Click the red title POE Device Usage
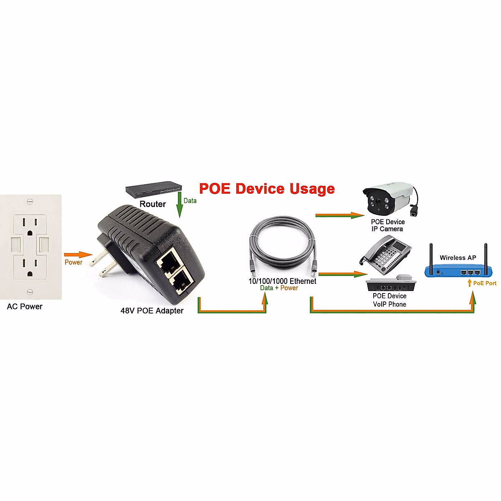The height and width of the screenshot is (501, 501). pyautogui.click(x=267, y=189)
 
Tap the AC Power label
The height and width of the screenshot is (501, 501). pyautogui.click(x=25, y=306)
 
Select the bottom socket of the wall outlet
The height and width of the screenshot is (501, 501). pyautogui.click(x=29, y=267)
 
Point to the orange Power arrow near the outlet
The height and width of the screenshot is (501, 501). pyautogui.click(x=78, y=255)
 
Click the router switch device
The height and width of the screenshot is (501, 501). pyautogui.click(x=154, y=190)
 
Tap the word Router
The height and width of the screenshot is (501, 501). pyautogui.click(x=152, y=204)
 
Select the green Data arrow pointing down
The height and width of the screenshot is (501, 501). pyautogui.click(x=180, y=205)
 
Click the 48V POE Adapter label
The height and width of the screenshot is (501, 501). pyautogui.click(x=152, y=311)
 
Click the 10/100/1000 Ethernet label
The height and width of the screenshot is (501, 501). pyautogui.click(x=282, y=281)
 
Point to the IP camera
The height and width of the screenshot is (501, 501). pyautogui.click(x=388, y=198)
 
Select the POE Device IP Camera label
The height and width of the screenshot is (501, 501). pyautogui.click(x=387, y=225)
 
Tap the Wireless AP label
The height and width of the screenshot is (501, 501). pyautogui.click(x=458, y=258)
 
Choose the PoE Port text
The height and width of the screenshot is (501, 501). pyautogui.click(x=484, y=283)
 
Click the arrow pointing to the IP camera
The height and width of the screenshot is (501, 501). pyautogui.click(x=340, y=215)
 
